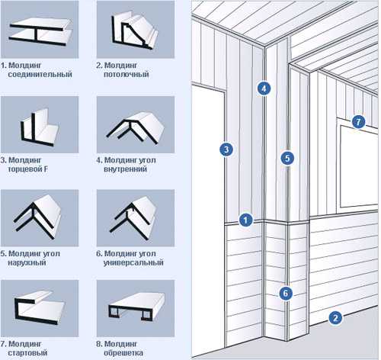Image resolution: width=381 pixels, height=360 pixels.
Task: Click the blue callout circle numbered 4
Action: [264, 88]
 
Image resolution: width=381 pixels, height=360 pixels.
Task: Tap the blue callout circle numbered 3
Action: [226, 149]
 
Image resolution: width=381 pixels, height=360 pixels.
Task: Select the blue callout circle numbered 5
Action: [287, 158]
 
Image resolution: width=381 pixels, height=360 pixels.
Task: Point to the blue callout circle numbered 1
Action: [245, 220]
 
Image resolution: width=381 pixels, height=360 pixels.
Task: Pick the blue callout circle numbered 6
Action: [286, 294]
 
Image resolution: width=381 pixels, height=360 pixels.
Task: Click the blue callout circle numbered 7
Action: [358, 122]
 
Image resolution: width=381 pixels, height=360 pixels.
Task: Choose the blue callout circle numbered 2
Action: [335, 318]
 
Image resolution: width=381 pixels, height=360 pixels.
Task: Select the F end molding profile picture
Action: [40, 128]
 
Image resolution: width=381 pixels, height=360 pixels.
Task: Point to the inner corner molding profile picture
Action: [136, 128]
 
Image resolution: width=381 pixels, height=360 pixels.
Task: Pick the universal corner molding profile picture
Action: [135, 218]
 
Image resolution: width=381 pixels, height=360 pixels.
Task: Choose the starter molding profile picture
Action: [40, 308]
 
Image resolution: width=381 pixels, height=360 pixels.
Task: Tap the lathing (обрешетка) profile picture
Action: [136, 307]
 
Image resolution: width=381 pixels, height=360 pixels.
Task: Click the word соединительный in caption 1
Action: [40, 75]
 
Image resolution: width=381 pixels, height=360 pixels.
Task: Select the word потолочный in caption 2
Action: [126, 75]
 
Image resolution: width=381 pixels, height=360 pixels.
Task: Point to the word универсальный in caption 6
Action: [133, 262]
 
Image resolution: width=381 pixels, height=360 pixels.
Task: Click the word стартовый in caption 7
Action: [27, 353]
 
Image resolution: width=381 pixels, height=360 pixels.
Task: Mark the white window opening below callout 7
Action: [359, 166]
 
